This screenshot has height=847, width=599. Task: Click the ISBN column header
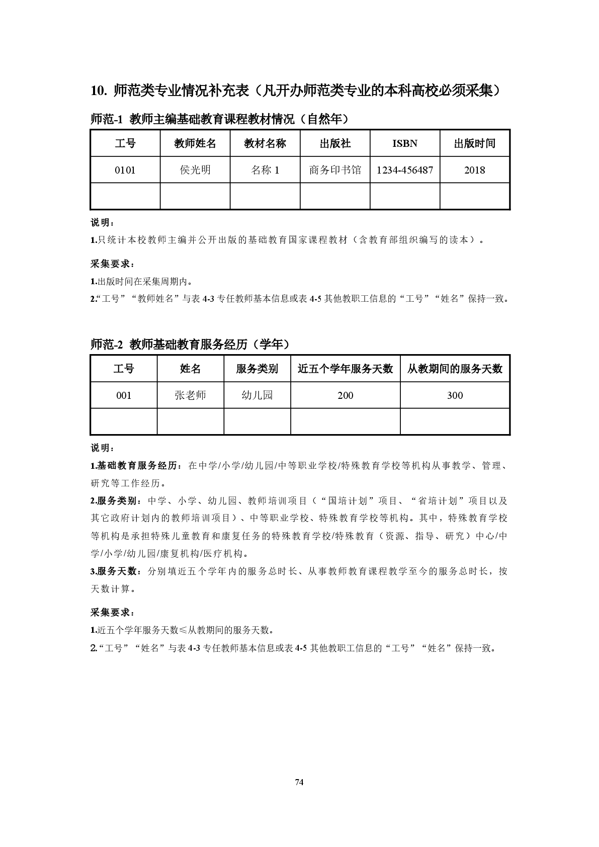(x=405, y=143)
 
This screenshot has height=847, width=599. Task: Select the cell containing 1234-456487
(x=405, y=170)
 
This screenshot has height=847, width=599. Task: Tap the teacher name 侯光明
(x=195, y=170)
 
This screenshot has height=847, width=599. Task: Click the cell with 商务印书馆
(x=335, y=170)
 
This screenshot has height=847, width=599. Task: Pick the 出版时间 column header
(x=475, y=143)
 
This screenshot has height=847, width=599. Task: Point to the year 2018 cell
(x=475, y=170)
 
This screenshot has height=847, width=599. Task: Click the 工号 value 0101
(x=125, y=170)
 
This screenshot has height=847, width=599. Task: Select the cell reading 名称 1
(x=265, y=170)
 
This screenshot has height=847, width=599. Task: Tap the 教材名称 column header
(x=265, y=143)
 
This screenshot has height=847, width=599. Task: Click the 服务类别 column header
(x=257, y=369)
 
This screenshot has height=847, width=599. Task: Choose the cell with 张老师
(x=190, y=395)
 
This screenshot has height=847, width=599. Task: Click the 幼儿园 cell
(x=257, y=395)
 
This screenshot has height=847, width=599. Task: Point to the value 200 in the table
(x=346, y=395)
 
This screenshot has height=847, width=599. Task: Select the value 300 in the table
(x=455, y=395)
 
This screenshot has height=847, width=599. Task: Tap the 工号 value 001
(x=124, y=395)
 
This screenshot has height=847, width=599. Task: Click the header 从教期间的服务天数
(x=455, y=369)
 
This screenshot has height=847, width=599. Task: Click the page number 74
(x=299, y=782)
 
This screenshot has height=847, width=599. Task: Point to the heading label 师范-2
(x=107, y=345)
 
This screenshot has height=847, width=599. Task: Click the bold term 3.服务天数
(x=113, y=571)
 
